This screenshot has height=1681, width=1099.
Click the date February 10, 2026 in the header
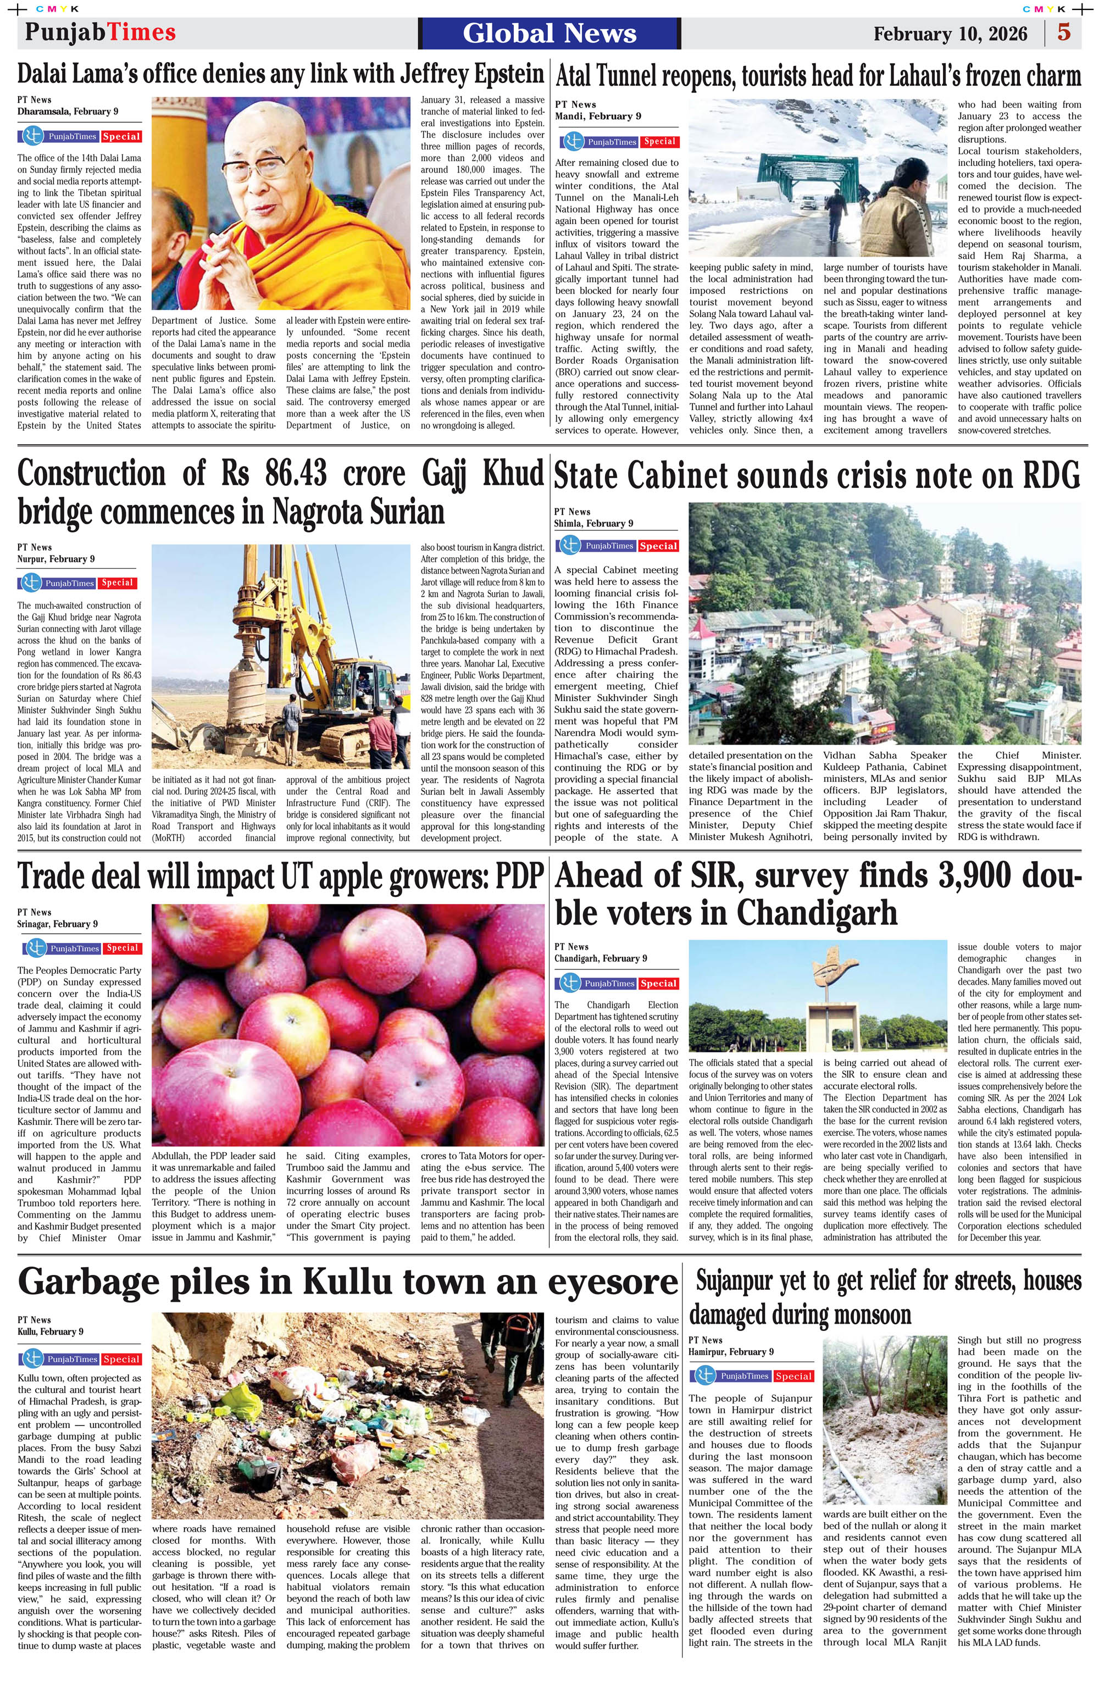(950, 34)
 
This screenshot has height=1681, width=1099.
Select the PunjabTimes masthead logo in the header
(99, 32)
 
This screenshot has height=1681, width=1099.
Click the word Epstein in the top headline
(497, 74)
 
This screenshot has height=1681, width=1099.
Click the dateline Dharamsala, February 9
(68, 112)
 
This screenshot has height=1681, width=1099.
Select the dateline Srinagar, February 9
(58, 924)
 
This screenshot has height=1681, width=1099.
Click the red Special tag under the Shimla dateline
(658, 546)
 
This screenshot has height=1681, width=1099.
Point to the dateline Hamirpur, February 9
(731, 1352)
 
